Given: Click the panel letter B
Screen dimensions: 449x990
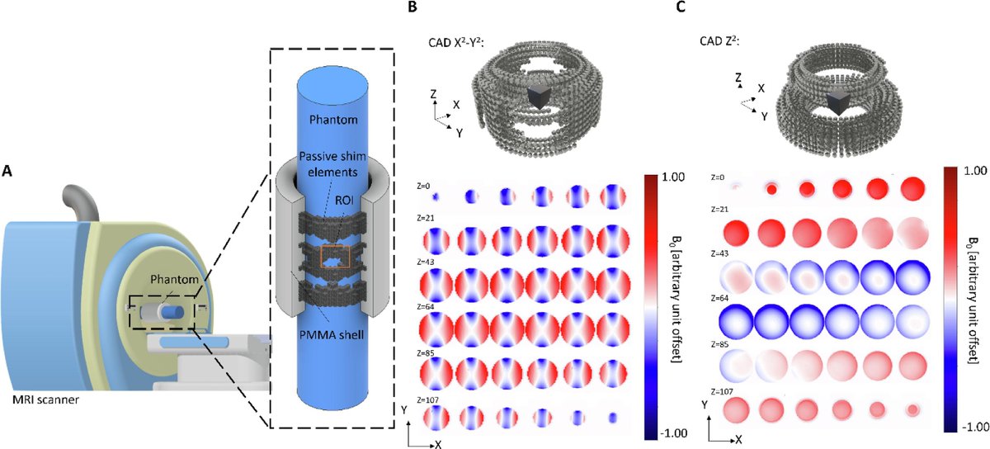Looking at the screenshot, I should [413, 7].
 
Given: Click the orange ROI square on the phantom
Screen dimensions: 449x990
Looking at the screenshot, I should [334, 258].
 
